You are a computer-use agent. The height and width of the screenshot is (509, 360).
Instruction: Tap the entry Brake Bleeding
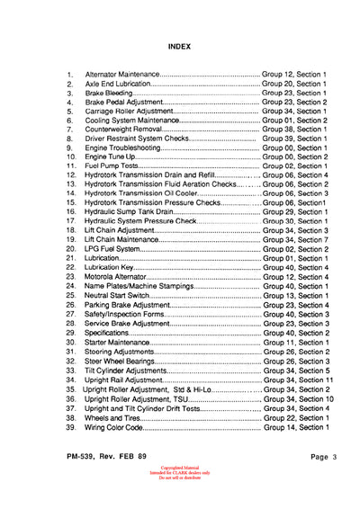pos(109,92)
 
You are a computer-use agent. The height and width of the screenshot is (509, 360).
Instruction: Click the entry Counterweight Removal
pos(121,130)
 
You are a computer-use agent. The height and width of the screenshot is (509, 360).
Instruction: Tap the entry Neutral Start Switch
pos(120,296)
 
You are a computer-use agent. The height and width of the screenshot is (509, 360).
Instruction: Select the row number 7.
pos(69,130)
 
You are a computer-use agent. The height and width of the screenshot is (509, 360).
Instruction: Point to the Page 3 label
pos(316,457)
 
